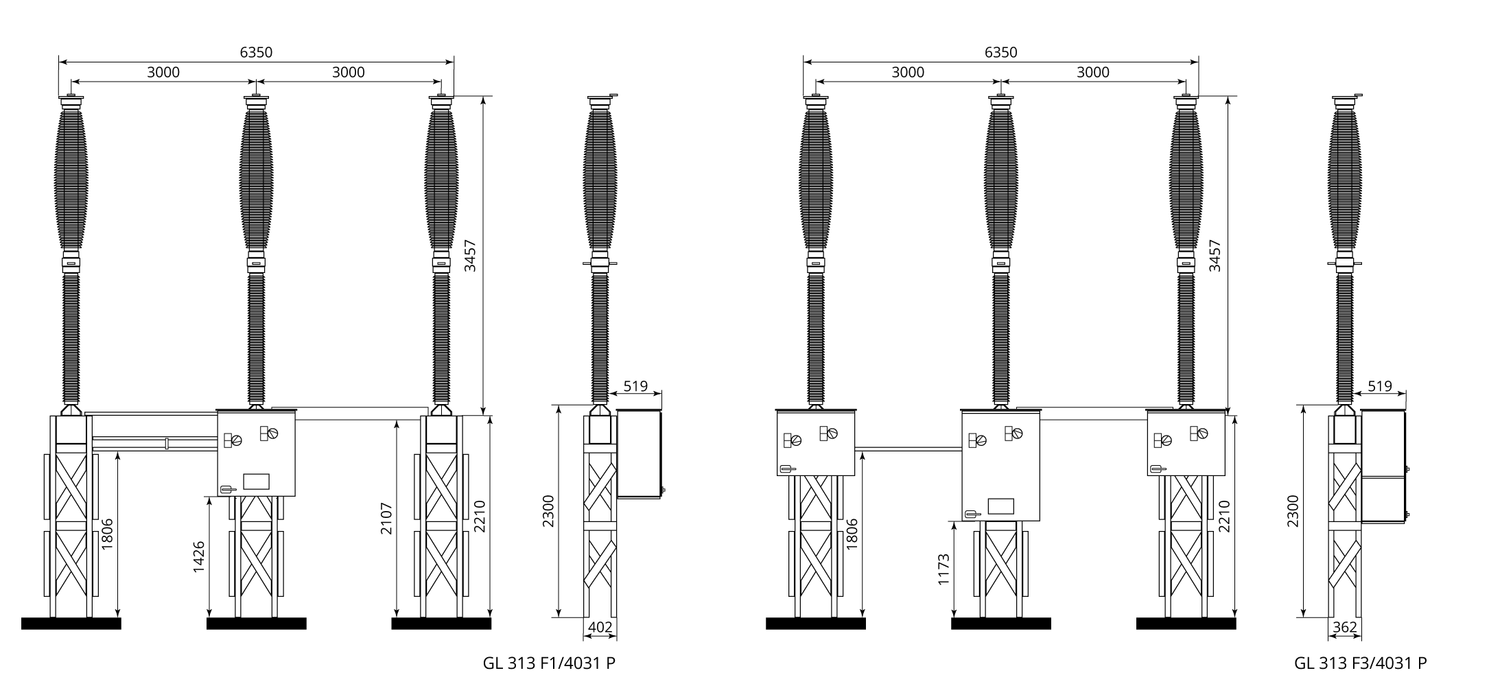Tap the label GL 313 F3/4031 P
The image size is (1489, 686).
pos(1361,663)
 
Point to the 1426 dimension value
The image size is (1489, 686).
pos(198,558)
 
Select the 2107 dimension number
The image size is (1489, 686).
pos(386,519)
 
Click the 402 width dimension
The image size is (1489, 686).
pos(600,627)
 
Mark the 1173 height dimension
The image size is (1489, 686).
pos(943,569)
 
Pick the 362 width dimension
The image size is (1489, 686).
pos(1345,627)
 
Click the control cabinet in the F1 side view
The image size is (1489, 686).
pos(640,453)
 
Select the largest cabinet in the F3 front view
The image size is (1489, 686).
pos(1000,466)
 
